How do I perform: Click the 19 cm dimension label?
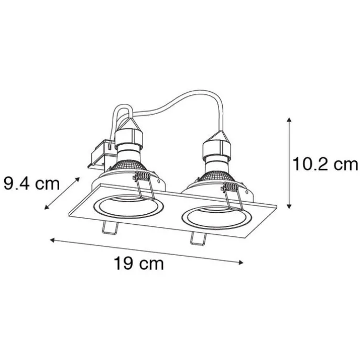pos(138,264)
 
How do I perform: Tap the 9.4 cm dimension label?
pos(31,183)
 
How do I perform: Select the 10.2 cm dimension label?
pos(325,165)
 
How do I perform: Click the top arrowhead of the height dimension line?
pos(289,120)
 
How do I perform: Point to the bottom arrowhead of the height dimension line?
pos(289,207)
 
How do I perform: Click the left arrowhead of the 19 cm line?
pos(51,240)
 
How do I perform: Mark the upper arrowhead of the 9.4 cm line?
pos(78,179)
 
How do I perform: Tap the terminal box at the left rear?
pos(100,156)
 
